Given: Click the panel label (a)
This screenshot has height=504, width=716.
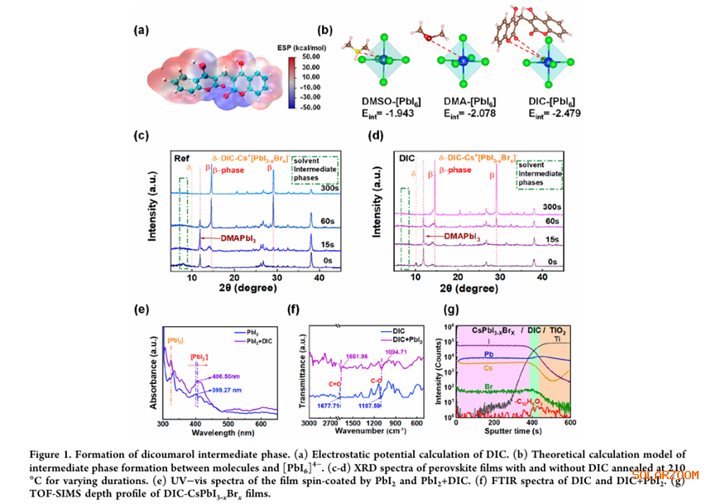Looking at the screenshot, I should pos(143,31).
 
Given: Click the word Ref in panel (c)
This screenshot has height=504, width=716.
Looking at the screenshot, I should pos(181,157).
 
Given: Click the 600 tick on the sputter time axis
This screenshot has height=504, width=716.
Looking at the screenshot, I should pos(569,422).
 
